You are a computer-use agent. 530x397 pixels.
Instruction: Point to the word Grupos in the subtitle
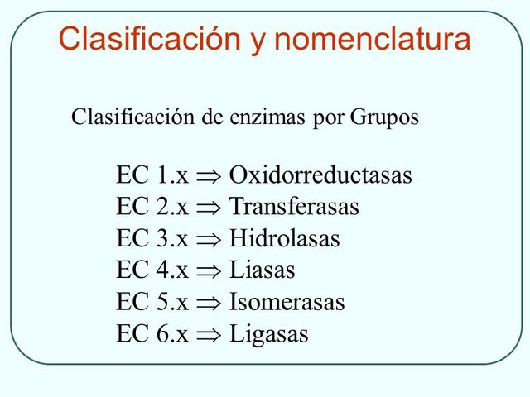tap(384, 117)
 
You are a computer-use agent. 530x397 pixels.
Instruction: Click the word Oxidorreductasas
tap(320, 175)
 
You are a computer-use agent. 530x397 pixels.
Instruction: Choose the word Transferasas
tap(294, 207)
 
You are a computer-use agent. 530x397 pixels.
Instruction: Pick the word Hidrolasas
tap(284, 238)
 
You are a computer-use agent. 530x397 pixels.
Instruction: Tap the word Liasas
tap(262, 270)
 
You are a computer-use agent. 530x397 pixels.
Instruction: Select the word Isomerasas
tap(287, 302)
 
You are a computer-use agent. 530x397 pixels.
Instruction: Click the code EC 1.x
tap(152, 175)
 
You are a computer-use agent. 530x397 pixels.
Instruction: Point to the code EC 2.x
tap(152, 207)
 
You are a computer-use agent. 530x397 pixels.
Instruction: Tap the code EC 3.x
tap(152, 238)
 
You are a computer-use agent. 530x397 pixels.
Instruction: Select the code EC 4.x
tap(152, 270)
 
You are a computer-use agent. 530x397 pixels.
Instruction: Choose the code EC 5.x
tap(152, 302)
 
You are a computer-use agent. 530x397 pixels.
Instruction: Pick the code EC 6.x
tap(152, 333)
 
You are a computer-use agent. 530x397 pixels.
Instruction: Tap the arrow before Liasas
tap(209, 271)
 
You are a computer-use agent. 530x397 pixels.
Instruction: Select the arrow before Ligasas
tap(209, 335)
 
